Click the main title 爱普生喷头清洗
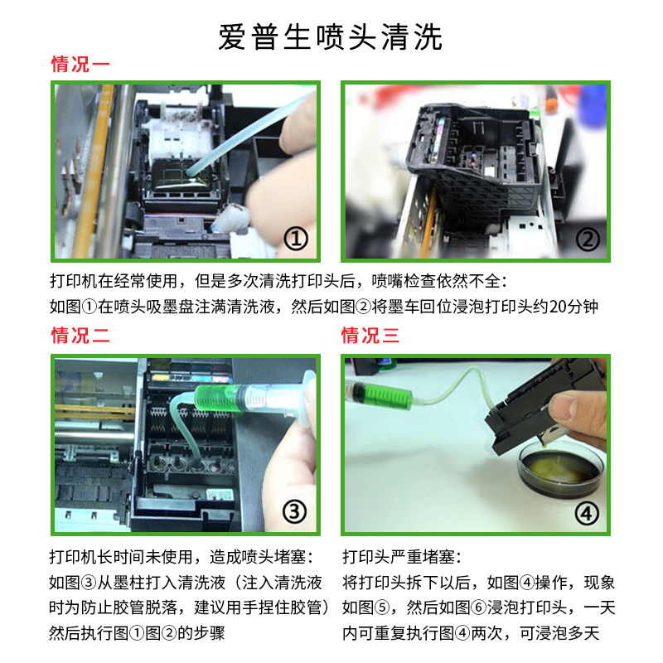(x=330, y=37)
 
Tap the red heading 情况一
(x=80, y=65)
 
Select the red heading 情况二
(x=80, y=336)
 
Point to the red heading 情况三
(x=370, y=336)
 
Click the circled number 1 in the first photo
(x=296, y=239)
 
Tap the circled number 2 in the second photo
(x=588, y=239)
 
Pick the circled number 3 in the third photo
(x=294, y=511)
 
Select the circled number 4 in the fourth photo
(x=587, y=513)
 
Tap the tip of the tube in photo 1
(x=189, y=172)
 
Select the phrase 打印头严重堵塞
(x=399, y=556)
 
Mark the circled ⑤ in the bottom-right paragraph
(x=382, y=607)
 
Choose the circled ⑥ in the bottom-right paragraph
(x=479, y=607)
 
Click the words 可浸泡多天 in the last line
(x=559, y=633)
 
